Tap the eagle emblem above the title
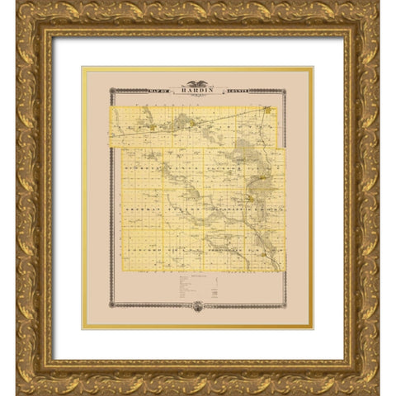tap(197, 82)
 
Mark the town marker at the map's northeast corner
tap(266, 109)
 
